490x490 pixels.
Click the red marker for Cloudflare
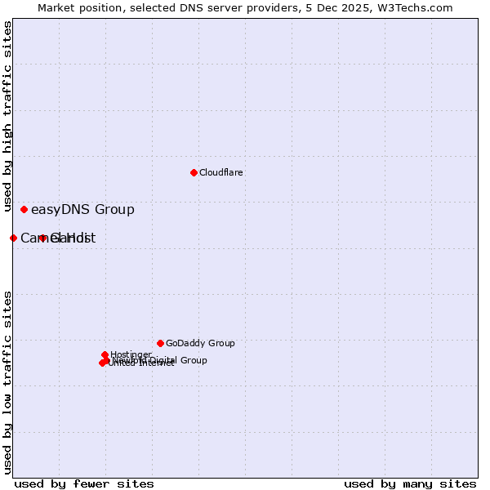pos(194,172)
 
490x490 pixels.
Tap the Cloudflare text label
pos(221,173)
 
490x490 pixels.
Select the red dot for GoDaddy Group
pos(160,343)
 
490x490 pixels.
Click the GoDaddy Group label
pos(200,344)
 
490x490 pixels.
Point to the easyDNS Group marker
pos(24,209)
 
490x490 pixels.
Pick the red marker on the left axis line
pos(13,238)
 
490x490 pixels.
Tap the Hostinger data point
pos(105,354)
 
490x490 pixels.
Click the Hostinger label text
pos(131,354)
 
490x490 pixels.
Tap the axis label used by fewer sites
pos(84,483)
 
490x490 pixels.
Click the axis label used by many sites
pos(410,483)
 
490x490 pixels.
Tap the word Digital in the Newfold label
pos(164,360)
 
